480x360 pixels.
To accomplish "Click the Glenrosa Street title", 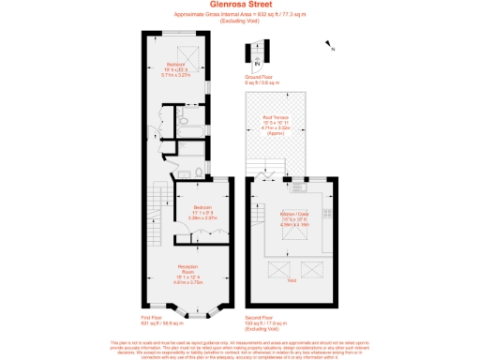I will [240, 5].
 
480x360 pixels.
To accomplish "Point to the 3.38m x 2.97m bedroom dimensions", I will [204, 217].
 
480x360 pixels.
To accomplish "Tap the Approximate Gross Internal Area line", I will [240, 14].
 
